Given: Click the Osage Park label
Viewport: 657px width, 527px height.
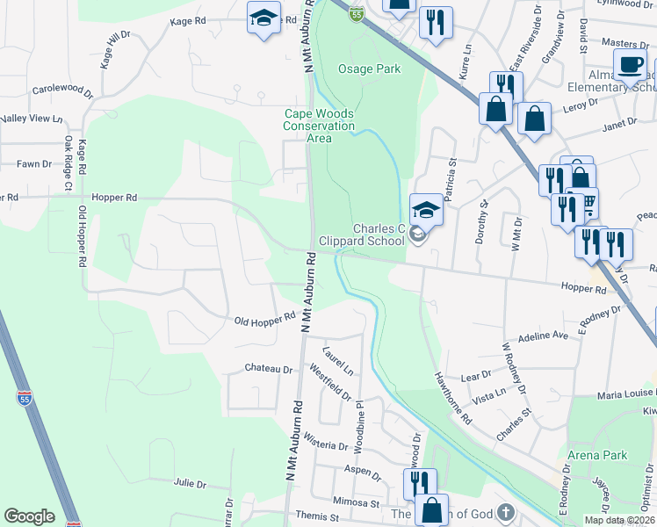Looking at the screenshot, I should coord(369,69).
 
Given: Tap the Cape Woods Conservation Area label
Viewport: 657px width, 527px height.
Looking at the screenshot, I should coord(319,126).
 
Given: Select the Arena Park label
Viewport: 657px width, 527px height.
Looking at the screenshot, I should coord(598,455).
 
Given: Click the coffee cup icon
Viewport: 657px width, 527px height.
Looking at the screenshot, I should coord(630,64).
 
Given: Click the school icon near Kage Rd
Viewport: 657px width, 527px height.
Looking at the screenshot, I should coord(263,18).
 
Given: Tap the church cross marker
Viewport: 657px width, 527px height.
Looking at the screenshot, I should coord(505,511).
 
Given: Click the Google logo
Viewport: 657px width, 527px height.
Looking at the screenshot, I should coord(29,516).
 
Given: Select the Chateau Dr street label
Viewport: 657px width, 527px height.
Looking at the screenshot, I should coord(268,369).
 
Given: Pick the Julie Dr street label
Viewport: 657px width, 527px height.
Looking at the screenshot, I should coord(190,483).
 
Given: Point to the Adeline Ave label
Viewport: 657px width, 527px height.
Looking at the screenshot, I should coord(544,336).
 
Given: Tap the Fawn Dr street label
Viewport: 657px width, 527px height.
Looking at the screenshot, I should coord(35,163).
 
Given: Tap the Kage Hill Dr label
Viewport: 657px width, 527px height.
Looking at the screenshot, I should coord(115,51).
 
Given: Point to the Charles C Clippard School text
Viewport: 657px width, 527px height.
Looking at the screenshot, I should coord(379,235).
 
